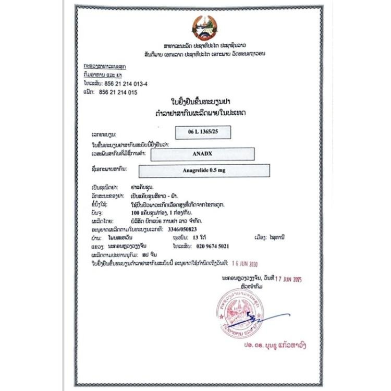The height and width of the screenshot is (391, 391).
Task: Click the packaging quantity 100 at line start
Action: click(138, 213)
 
